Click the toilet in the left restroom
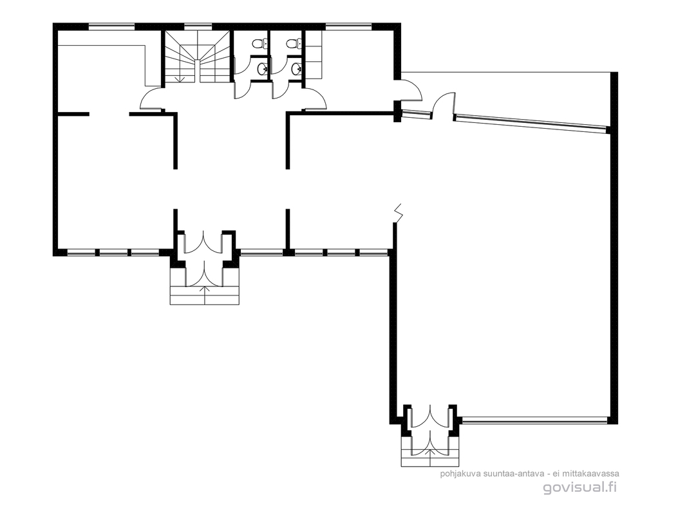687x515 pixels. tap(258, 43)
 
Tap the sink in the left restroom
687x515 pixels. tap(263, 68)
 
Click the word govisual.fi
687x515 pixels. tap(580, 487)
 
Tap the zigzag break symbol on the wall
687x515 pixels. tap(399, 212)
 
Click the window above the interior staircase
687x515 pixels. tap(198, 26)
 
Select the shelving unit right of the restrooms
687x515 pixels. tap(314, 55)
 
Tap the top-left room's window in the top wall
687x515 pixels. tap(111, 26)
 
